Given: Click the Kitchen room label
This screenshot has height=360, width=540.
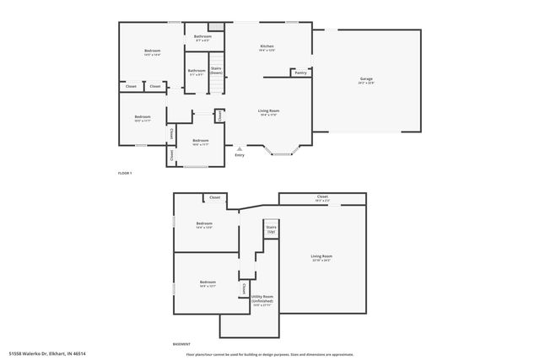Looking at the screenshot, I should (x=267, y=46).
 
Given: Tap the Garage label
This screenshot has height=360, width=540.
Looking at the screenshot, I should (x=366, y=78).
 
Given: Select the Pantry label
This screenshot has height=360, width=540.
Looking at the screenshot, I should (x=300, y=73).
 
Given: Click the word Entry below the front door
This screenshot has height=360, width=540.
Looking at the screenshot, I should (x=240, y=154).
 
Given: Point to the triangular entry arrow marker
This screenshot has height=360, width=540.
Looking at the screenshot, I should (x=240, y=148).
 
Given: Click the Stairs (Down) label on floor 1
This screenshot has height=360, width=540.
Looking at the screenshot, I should (x=216, y=70).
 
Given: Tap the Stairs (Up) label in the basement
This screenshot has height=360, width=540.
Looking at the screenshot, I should (x=271, y=228).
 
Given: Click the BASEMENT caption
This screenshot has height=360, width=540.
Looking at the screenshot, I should (x=181, y=344).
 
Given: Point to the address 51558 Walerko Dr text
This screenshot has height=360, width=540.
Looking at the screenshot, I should (x=47, y=353).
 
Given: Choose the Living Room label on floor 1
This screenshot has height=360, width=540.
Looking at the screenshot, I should (x=268, y=110).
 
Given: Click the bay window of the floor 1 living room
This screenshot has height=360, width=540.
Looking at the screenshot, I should (x=280, y=152).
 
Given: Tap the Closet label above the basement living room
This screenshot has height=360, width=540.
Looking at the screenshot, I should (x=322, y=197).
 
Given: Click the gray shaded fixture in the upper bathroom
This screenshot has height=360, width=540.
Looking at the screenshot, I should (x=216, y=28).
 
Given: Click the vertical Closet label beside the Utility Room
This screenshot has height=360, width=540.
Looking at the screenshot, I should (x=245, y=288).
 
